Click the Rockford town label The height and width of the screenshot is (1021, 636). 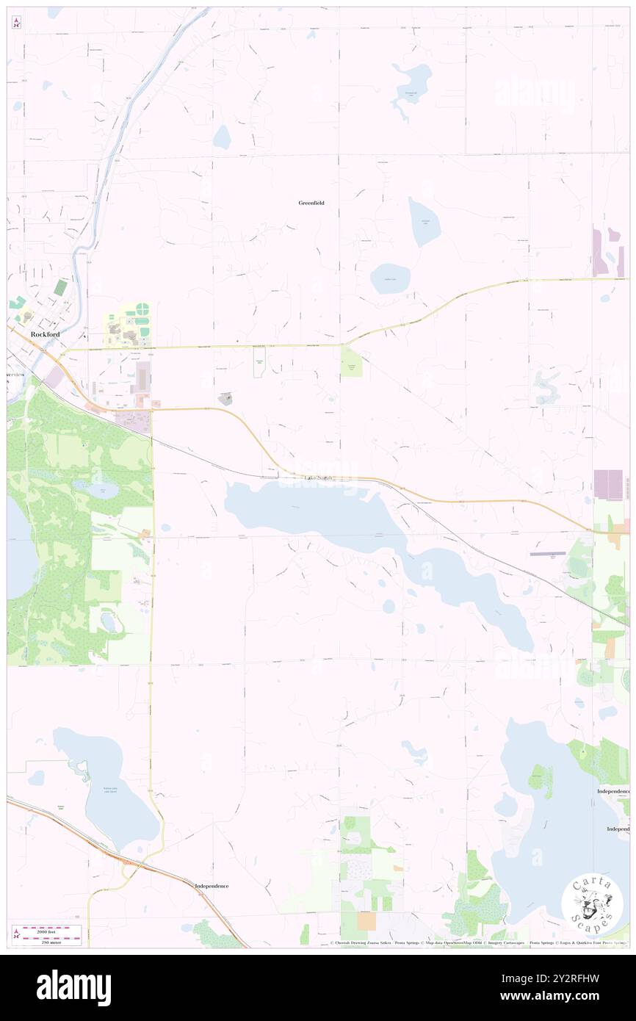(x=45, y=333)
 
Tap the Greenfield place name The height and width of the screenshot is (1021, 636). (x=311, y=203)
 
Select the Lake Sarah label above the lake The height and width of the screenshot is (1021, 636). (x=320, y=478)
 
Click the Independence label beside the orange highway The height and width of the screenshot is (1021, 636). (x=212, y=886)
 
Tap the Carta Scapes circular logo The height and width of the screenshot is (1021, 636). (x=592, y=904)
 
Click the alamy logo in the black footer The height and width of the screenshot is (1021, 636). (x=73, y=987)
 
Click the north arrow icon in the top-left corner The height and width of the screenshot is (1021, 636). (x=16, y=23)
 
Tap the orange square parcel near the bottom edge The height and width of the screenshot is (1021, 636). (x=366, y=920)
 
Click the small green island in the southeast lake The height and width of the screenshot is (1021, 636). (x=541, y=780)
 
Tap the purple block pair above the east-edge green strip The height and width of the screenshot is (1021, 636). (x=608, y=485)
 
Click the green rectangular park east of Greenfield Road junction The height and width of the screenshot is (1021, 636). (x=351, y=361)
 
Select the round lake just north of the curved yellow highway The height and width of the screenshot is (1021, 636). (x=390, y=279)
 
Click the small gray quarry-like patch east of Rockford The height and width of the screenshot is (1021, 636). (x=226, y=399)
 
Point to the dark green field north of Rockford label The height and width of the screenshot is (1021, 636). (x=60, y=287)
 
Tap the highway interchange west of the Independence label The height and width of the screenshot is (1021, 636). (x=132, y=862)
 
